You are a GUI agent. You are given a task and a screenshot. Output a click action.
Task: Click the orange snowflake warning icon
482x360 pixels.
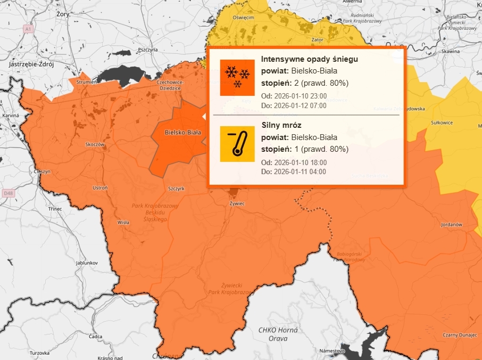click(x=237, y=77)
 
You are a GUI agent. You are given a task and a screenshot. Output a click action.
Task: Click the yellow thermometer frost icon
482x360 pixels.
click(x=237, y=144)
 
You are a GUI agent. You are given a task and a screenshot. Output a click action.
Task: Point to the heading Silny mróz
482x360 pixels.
click(x=281, y=125)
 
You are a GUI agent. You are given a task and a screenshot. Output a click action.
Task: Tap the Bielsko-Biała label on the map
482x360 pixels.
click(x=182, y=133)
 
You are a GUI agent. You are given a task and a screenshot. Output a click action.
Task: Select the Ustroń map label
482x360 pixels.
click(x=100, y=188)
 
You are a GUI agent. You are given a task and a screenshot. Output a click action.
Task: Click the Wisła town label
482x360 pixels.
click(x=123, y=223)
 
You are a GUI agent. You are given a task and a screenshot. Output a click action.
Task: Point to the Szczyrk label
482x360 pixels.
click(x=176, y=189)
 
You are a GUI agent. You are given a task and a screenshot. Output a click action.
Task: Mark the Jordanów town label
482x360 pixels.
click(x=451, y=225)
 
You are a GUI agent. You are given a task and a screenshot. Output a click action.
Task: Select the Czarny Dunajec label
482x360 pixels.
click(x=459, y=334)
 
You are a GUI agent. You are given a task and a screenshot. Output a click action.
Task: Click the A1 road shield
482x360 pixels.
click(x=28, y=29)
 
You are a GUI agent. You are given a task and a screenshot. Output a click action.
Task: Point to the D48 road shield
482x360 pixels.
click(x=7, y=193)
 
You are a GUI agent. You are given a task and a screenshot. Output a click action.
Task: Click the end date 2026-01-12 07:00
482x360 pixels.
click(x=300, y=105)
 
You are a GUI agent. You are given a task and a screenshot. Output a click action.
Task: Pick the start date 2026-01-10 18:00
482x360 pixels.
click(x=300, y=162)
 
